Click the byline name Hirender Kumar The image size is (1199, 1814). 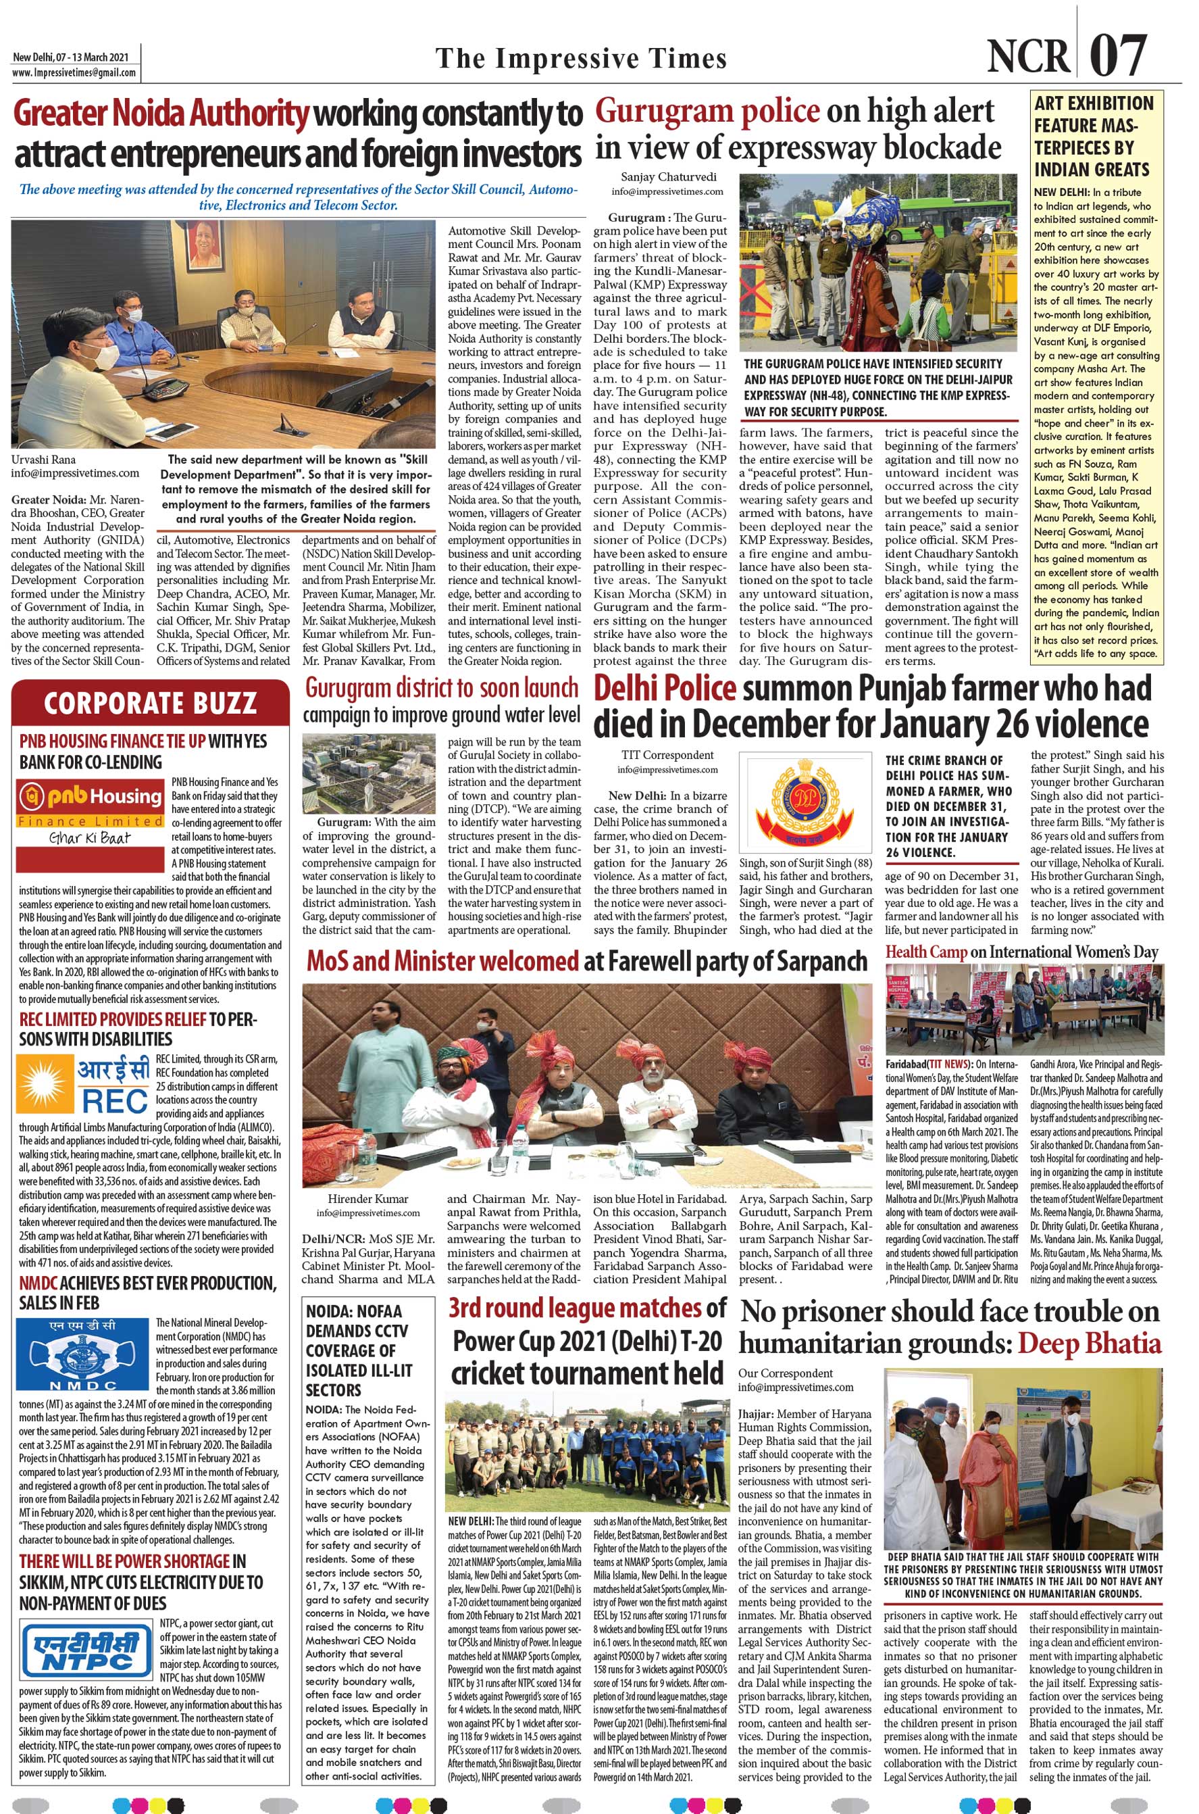coord(369,1198)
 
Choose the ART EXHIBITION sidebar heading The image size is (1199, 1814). coord(1094,135)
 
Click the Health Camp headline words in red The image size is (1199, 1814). coord(926,952)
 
